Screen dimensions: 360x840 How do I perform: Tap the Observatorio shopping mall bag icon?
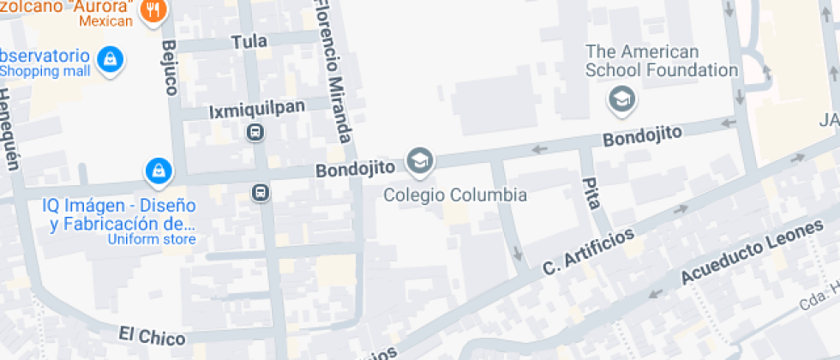(110, 60)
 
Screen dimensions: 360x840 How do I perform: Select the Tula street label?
(249, 41)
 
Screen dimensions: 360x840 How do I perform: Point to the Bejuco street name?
(168, 67)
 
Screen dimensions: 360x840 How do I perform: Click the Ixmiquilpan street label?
(245, 112)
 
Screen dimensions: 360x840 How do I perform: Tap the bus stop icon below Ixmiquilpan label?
(255, 132)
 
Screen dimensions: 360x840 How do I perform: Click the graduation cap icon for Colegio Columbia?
(420, 160)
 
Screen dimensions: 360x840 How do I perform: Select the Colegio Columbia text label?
(454, 195)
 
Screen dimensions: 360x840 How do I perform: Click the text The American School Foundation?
(662, 61)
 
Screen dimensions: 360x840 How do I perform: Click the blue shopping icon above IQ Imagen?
(159, 171)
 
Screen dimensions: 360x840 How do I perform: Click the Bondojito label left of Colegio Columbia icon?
(354, 170)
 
